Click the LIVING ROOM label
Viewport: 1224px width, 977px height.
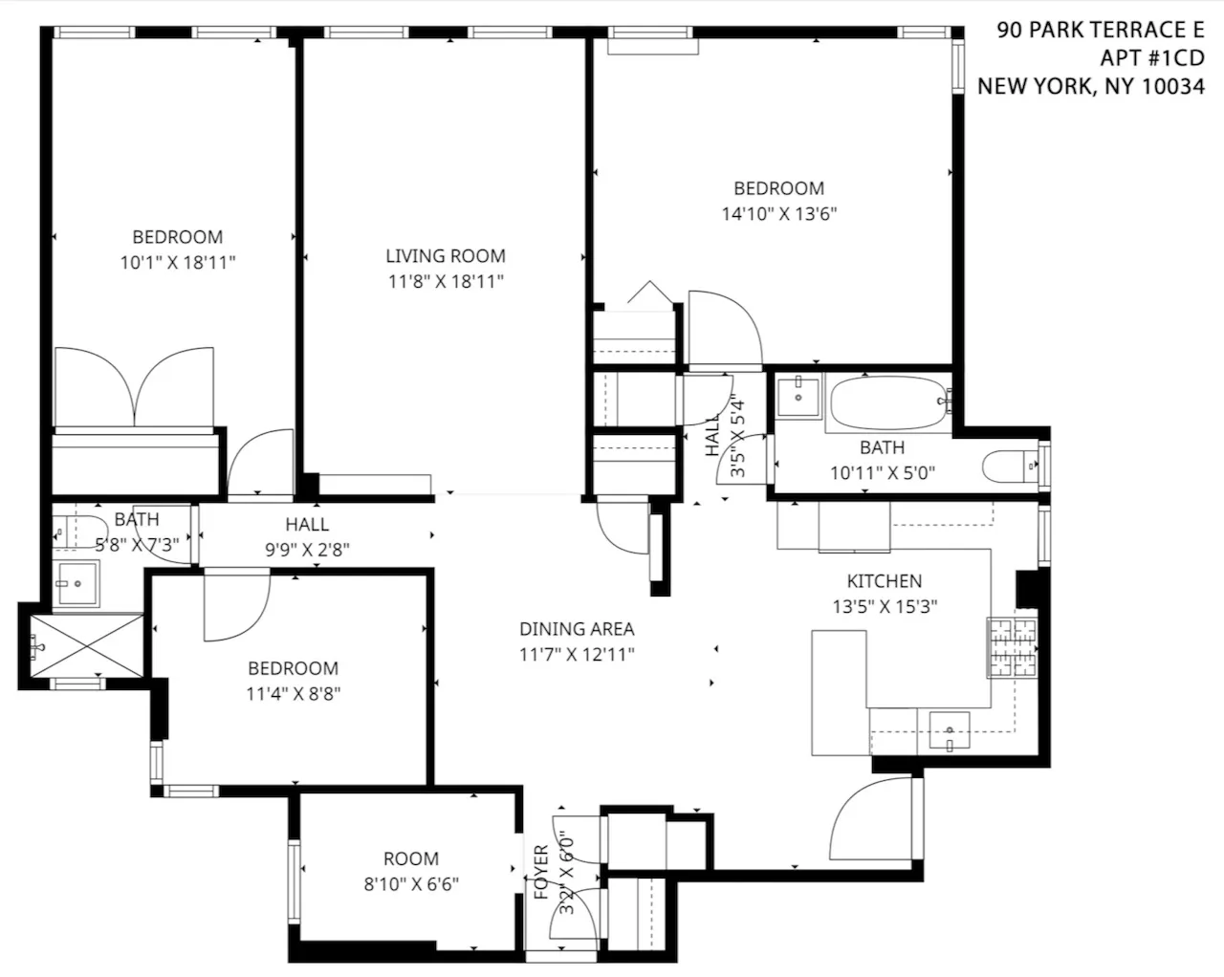pyautogui.click(x=445, y=256)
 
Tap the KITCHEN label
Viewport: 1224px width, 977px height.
pyautogui.click(x=884, y=581)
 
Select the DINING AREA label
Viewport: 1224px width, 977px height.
pyautogui.click(x=577, y=629)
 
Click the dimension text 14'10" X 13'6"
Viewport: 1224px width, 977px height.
pyautogui.click(x=778, y=214)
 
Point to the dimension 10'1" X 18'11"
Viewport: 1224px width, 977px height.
pyautogui.click(x=177, y=263)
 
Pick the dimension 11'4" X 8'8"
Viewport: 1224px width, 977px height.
pyautogui.click(x=293, y=694)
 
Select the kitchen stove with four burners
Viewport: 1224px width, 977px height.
pyautogui.click(x=1012, y=647)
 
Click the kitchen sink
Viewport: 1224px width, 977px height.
pyautogui.click(x=948, y=731)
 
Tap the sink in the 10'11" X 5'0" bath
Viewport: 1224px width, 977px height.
pyautogui.click(x=798, y=396)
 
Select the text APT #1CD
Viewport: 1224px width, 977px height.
pyautogui.click(x=1151, y=58)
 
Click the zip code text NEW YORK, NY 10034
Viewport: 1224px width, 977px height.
pyautogui.click(x=1090, y=87)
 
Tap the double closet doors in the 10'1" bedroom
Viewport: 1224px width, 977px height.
pyautogui.click(x=135, y=387)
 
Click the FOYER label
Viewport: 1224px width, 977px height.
pyautogui.click(x=541, y=872)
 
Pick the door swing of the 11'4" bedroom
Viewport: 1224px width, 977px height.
pyautogui.click(x=236, y=604)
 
